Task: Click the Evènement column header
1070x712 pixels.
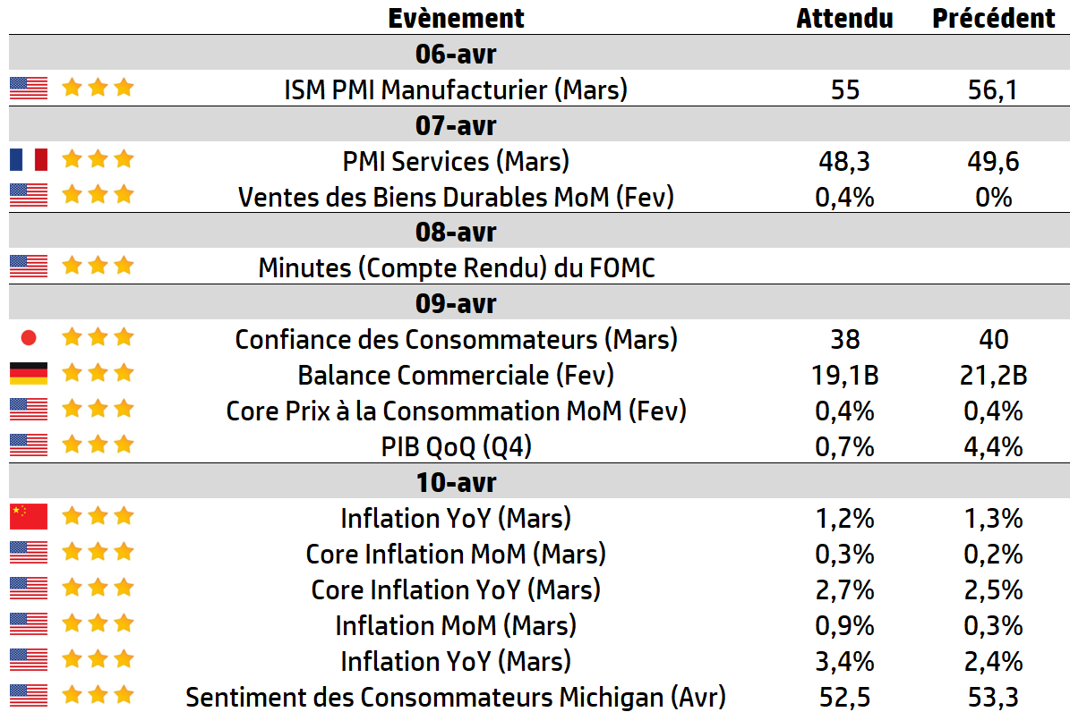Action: [456, 18]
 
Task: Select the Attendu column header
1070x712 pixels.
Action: [845, 18]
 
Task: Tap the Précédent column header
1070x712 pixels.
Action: [994, 18]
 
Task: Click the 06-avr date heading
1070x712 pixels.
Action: [456, 54]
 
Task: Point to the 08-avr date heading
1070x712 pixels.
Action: [456, 232]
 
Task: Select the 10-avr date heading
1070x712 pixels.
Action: [456, 482]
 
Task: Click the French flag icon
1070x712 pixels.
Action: [29, 160]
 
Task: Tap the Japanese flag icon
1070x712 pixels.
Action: [29, 337]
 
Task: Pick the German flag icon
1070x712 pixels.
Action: [29, 374]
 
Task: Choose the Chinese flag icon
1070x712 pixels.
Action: [29, 517]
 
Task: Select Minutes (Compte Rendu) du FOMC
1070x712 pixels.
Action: [457, 267]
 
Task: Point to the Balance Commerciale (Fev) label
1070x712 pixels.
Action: [456, 375]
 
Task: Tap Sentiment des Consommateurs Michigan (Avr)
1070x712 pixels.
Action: [456, 697]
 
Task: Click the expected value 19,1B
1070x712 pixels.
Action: [845, 375]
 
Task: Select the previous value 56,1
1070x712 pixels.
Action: [993, 89]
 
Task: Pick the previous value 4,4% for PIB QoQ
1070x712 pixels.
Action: [993, 446]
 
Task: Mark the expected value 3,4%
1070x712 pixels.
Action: [845, 661]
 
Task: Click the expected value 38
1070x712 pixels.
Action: [845, 339]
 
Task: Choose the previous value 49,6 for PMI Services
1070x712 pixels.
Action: [993, 161]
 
